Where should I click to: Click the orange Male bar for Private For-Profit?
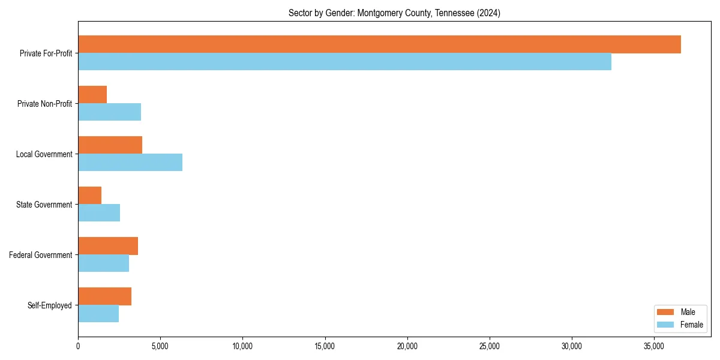click(379, 44)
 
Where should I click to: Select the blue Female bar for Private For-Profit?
click(344, 62)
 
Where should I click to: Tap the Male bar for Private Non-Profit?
click(92, 95)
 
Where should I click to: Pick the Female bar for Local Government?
click(130, 163)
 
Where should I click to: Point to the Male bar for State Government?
click(89, 196)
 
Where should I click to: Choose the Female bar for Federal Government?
click(103, 263)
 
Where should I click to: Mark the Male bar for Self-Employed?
click(104, 296)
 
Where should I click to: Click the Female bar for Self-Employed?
click(98, 314)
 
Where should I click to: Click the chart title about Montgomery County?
click(394, 13)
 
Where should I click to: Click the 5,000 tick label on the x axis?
click(160, 346)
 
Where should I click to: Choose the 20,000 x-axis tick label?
click(407, 346)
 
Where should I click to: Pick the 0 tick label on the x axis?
click(78, 346)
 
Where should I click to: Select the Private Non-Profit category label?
click(44, 104)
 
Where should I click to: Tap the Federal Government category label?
click(41, 255)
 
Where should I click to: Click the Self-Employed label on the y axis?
click(50, 305)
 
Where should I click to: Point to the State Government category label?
click(44, 205)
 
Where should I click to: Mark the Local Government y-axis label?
click(44, 154)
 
